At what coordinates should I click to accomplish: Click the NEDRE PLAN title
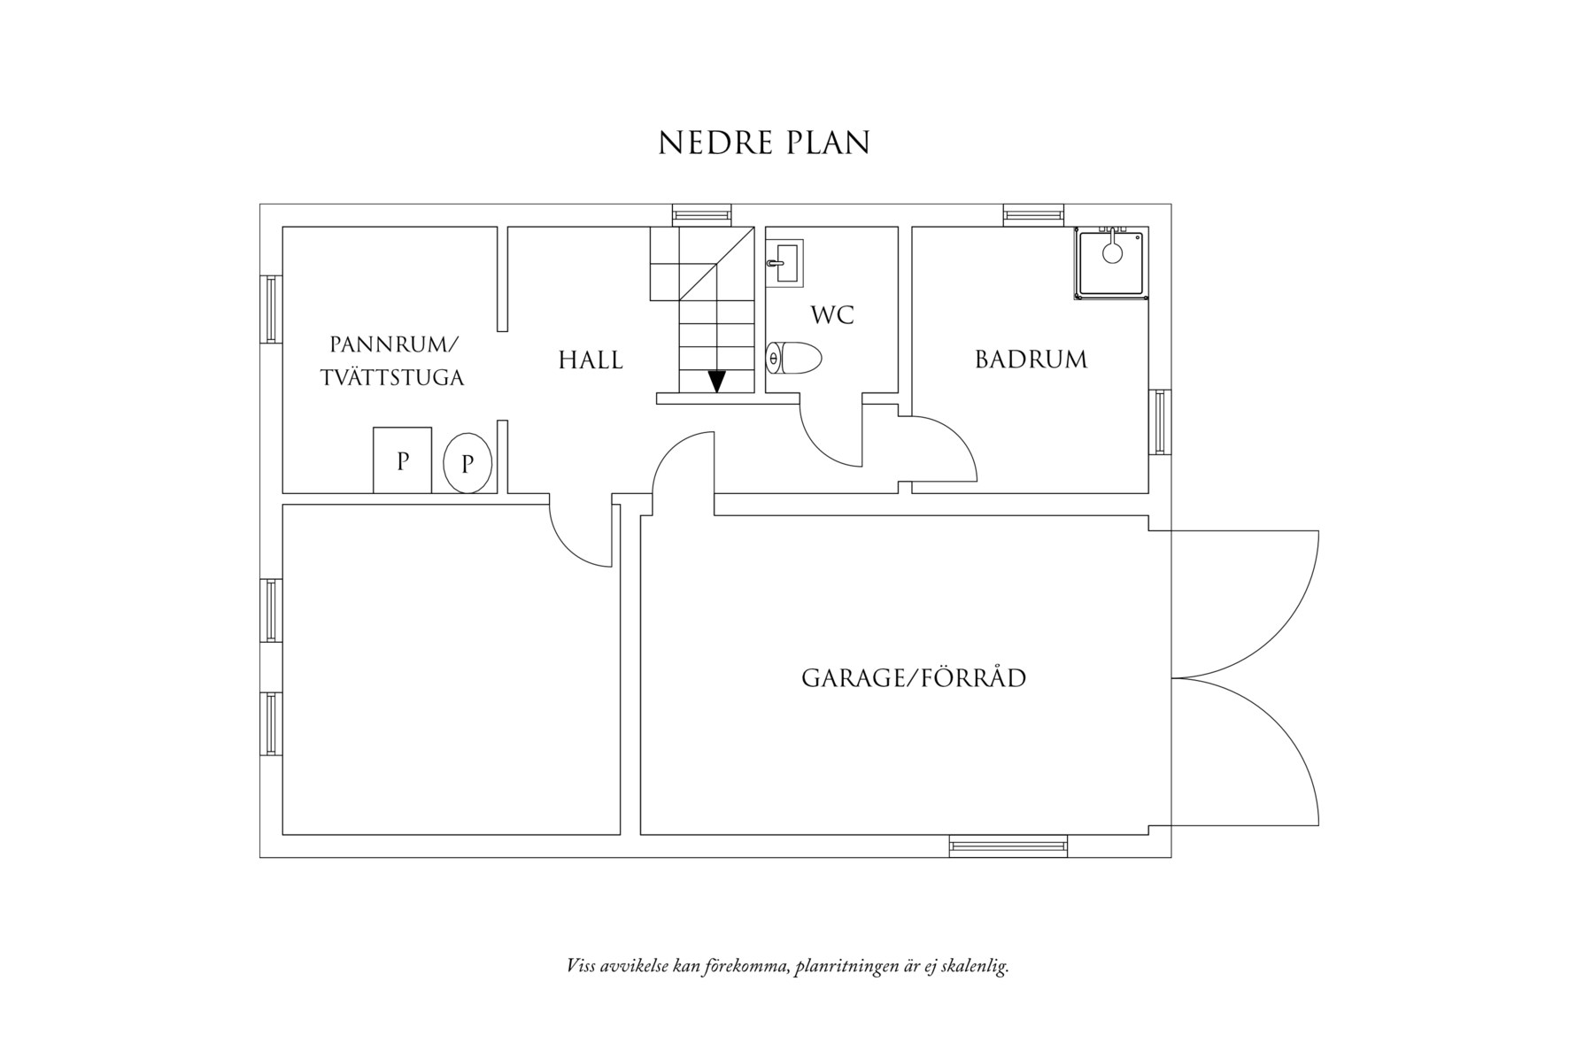pyautogui.click(x=764, y=143)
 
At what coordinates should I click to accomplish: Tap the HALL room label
pyautogui.click(x=591, y=360)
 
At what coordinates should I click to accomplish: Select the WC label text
pyautogui.click(x=832, y=315)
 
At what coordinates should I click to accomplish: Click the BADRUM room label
pyautogui.click(x=1031, y=359)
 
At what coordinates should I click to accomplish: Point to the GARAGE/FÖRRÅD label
pyautogui.click(x=914, y=678)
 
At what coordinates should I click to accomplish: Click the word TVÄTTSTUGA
pyautogui.click(x=392, y=378)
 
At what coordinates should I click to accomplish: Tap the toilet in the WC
pyautogui.click(x=793, y=359)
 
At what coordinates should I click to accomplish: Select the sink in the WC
pyautogui.click(x=784, y=263)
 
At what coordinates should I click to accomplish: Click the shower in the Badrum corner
pyautogui.click(x=1109, y=262)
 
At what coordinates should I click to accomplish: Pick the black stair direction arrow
pyautogui.click(x=716, y=381)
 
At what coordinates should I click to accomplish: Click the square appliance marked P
pyautogui.click(x=402, y=460)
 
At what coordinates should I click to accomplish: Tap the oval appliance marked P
pyautogui.click(x=467, y=462)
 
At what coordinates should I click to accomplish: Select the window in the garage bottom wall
pyautogui.click(x=1008, y=846)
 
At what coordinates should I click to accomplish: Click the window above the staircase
pyautogui.click(x=701, y=214)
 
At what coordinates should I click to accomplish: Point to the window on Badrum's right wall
pyautogui.click(x=1159, y=421)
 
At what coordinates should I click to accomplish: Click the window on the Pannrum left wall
pyautogui.click(x=270, y=308)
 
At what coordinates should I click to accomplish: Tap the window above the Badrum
pyautogui.click(x=1033, y=214)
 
